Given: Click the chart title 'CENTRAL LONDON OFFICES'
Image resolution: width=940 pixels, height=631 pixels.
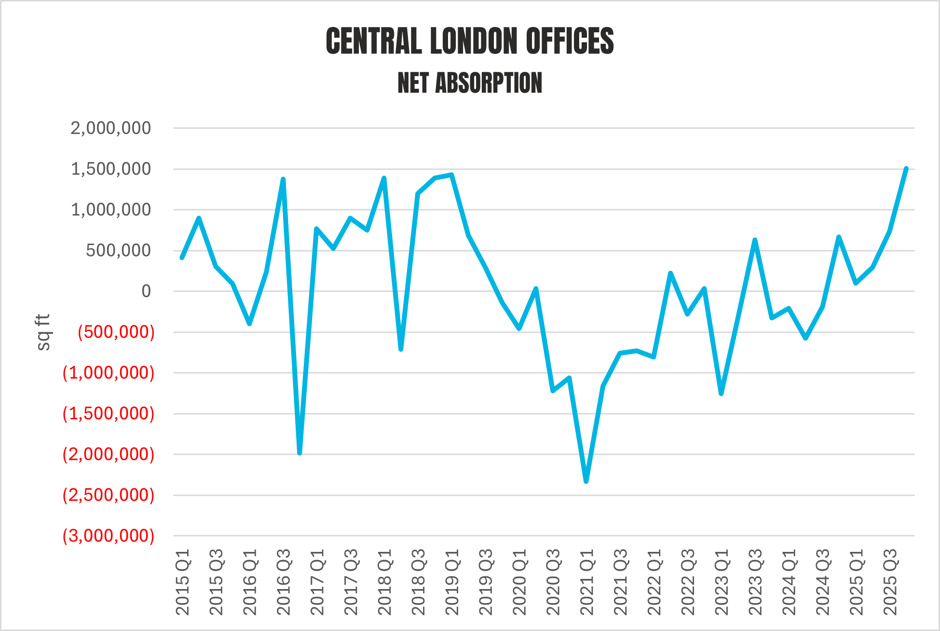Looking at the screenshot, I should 470,41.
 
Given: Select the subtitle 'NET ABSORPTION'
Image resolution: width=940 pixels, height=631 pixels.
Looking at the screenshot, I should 470,83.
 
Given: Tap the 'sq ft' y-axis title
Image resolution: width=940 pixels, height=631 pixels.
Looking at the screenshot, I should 43,332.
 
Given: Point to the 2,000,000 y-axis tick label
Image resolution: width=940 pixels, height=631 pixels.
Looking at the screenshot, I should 110,128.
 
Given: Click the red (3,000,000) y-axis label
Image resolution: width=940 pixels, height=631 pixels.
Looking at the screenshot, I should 109,536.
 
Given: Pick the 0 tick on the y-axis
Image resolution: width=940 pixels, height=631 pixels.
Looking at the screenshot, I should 146,291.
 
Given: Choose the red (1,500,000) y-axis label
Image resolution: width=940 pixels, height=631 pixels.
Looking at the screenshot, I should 109,413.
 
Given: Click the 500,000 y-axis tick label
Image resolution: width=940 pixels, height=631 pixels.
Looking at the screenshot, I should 118,250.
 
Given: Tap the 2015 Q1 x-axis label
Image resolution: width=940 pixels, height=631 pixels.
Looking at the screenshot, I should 183,582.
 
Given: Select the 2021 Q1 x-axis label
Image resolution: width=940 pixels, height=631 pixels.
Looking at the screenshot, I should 587,582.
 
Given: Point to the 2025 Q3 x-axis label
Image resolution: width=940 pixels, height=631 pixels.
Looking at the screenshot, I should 890,582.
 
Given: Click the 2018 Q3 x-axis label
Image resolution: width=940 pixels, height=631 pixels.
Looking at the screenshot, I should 418,582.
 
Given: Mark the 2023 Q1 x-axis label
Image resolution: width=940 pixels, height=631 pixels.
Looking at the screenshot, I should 722,582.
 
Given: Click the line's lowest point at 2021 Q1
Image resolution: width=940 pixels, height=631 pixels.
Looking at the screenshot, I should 586,481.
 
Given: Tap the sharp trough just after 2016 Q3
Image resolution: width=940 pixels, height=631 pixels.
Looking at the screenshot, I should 300,453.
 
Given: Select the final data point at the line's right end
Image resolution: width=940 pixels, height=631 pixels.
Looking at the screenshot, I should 906,168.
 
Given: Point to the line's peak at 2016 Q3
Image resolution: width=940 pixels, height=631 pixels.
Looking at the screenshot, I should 283,179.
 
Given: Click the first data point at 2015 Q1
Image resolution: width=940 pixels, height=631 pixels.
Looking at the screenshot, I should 182,258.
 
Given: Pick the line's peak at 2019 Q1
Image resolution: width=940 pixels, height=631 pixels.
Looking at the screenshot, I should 451,175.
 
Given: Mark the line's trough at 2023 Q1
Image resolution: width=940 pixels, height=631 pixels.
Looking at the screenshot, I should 721,394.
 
